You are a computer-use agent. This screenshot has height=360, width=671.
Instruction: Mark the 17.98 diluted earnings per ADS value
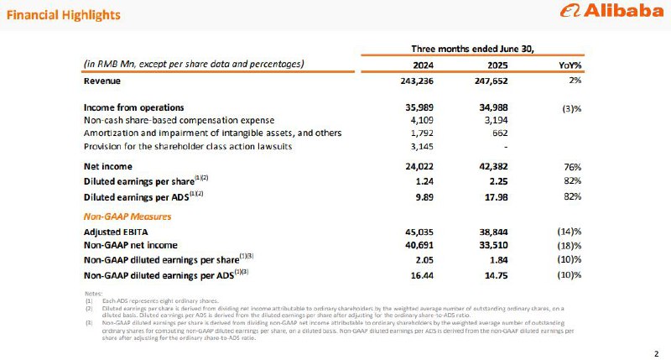click(x=493, y=196)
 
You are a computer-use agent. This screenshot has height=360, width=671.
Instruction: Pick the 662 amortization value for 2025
click(x=497, y=133)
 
